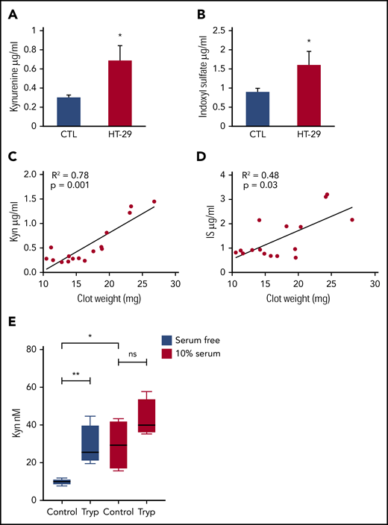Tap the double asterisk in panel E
(75, 374)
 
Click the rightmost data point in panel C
(154, 201)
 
